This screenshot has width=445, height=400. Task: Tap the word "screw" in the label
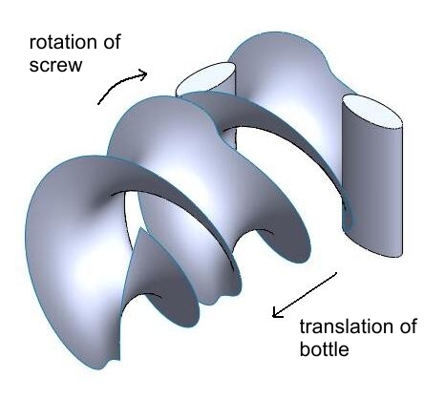pos(55,65)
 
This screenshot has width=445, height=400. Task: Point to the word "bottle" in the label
pos(324,348)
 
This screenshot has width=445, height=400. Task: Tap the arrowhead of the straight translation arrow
pos(276,312)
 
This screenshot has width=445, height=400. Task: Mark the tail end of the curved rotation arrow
pos(98,104)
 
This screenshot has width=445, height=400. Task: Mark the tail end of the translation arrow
pos(336,273)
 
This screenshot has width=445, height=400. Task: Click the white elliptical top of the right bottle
pos(372,111)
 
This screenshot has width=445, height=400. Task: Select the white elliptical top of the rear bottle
pos(206,77)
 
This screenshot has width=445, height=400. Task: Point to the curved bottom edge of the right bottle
pos(372,245)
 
